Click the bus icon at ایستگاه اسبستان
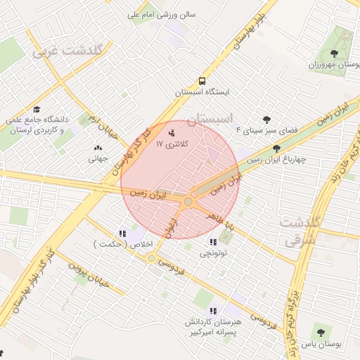pos(202,81)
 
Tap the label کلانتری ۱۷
pos(169,143)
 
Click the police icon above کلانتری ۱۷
pos(172,132)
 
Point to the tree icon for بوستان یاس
pos(320,333)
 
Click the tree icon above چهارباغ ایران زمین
pos(276,148)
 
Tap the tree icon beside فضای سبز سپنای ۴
pos(266,120)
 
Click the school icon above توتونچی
pos(212,242)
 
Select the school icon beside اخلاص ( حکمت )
pos(122,233)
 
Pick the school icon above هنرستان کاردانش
pos(212,310)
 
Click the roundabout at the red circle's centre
pos(188,202)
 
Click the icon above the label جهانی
pos(97,148)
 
